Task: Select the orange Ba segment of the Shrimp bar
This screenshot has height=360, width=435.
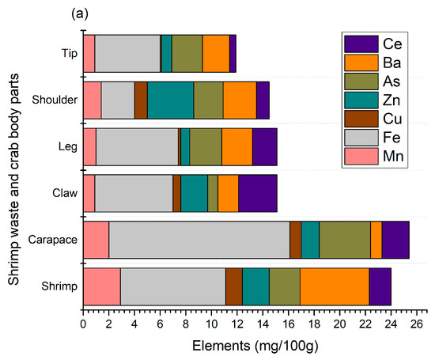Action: tap(334, 286)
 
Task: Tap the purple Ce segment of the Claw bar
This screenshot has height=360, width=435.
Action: tap(257, 193)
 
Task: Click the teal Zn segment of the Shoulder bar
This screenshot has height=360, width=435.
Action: tap(170, 100)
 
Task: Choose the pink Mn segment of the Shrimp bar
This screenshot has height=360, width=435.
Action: tap(101, 286)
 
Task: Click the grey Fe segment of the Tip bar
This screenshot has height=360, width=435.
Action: tap(127, 53)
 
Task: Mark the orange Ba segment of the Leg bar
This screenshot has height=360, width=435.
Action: tap(236, 146)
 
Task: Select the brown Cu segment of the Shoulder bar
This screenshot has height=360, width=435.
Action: tap(141, 100)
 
